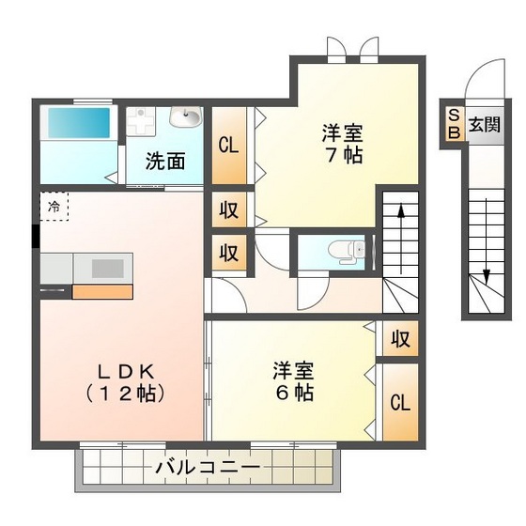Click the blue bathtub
pyautogui.click(x=79, y=123)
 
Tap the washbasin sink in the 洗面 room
pyautogui.click(x=186, y=118)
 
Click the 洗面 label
pyautogui.click(x=165, y=160)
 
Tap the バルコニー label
pyautogui.click(x=208, y=466)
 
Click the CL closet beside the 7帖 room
pyautogui.click(x=227, y=146)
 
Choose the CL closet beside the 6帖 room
pyautogui.click(x=399, y=404)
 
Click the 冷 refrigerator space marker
pyautogui.click(x=54, y=205)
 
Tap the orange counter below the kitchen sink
pyautogui.click(x=101, y=290)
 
